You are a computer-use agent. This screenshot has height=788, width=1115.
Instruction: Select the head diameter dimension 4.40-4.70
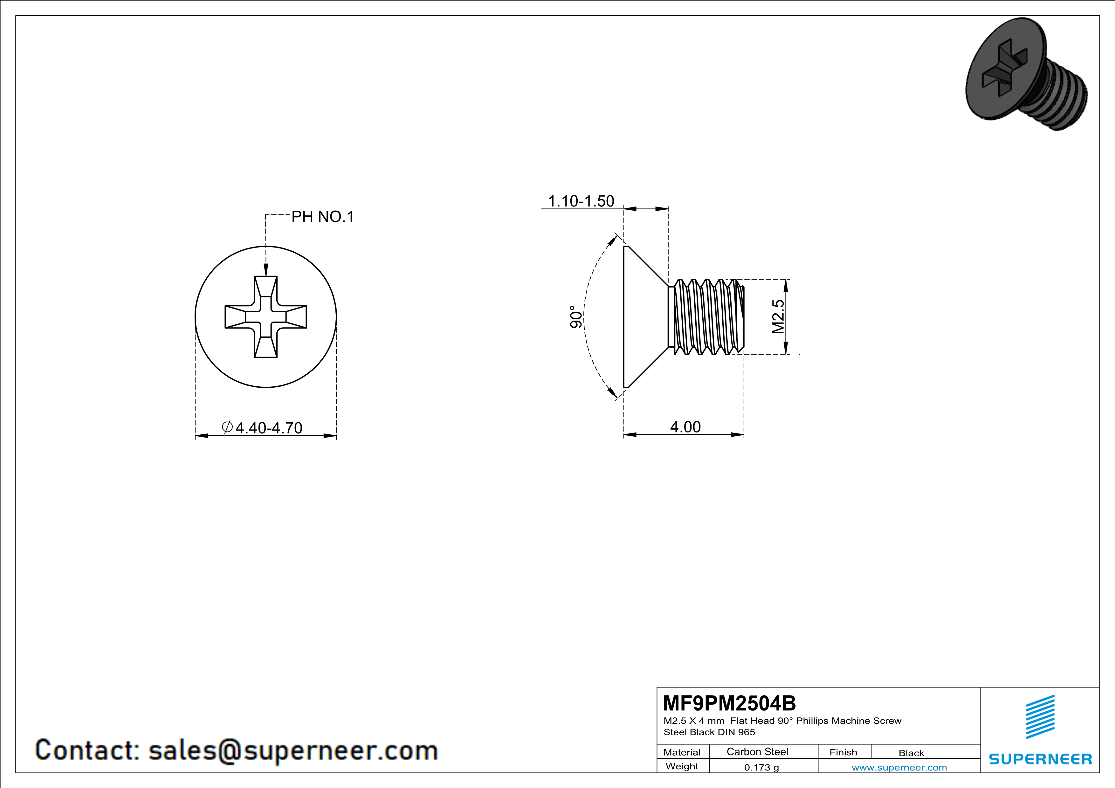pyautogui.click(x=269, y=427)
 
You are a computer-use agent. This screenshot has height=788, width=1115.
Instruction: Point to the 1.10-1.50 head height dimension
pyautogui.click(x=581, y=201)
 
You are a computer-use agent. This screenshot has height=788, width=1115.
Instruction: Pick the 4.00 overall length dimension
pyautogui.click(x=685, y=427)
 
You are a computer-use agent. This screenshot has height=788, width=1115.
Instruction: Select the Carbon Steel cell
pyautogui.click(x=757, y=751)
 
